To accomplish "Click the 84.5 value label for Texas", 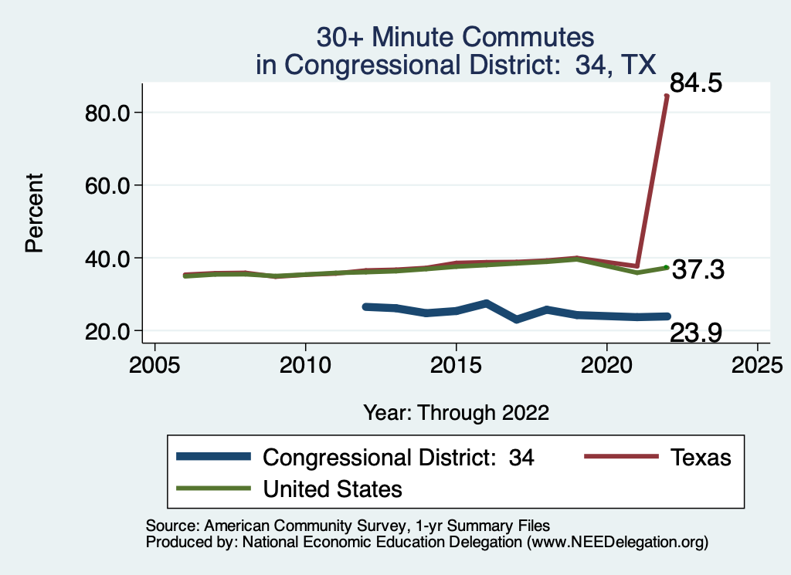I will pyautogui.click(x=696, y=83).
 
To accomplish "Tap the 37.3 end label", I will pyautogui.click(x=698, y=270).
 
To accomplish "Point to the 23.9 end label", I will pyautogui.click(x=696, y=333).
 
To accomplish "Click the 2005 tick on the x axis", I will pyautogui.click(x=154, y=363).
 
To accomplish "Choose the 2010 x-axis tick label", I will pyautogui.click(x=305, y=363).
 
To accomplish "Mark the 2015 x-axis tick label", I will pyautogui.click(x=456, y=363).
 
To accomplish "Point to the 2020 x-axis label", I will pyautogui.click(x=606, y=363).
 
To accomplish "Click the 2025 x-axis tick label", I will pyautogui.click(x=757, y=363).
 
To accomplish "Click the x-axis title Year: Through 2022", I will pyautogui.click(x=456, y=412).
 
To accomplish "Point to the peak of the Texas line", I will pyautogui.click(x=667, y=96).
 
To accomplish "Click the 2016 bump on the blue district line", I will pyautogui.click(x=486, y=303).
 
